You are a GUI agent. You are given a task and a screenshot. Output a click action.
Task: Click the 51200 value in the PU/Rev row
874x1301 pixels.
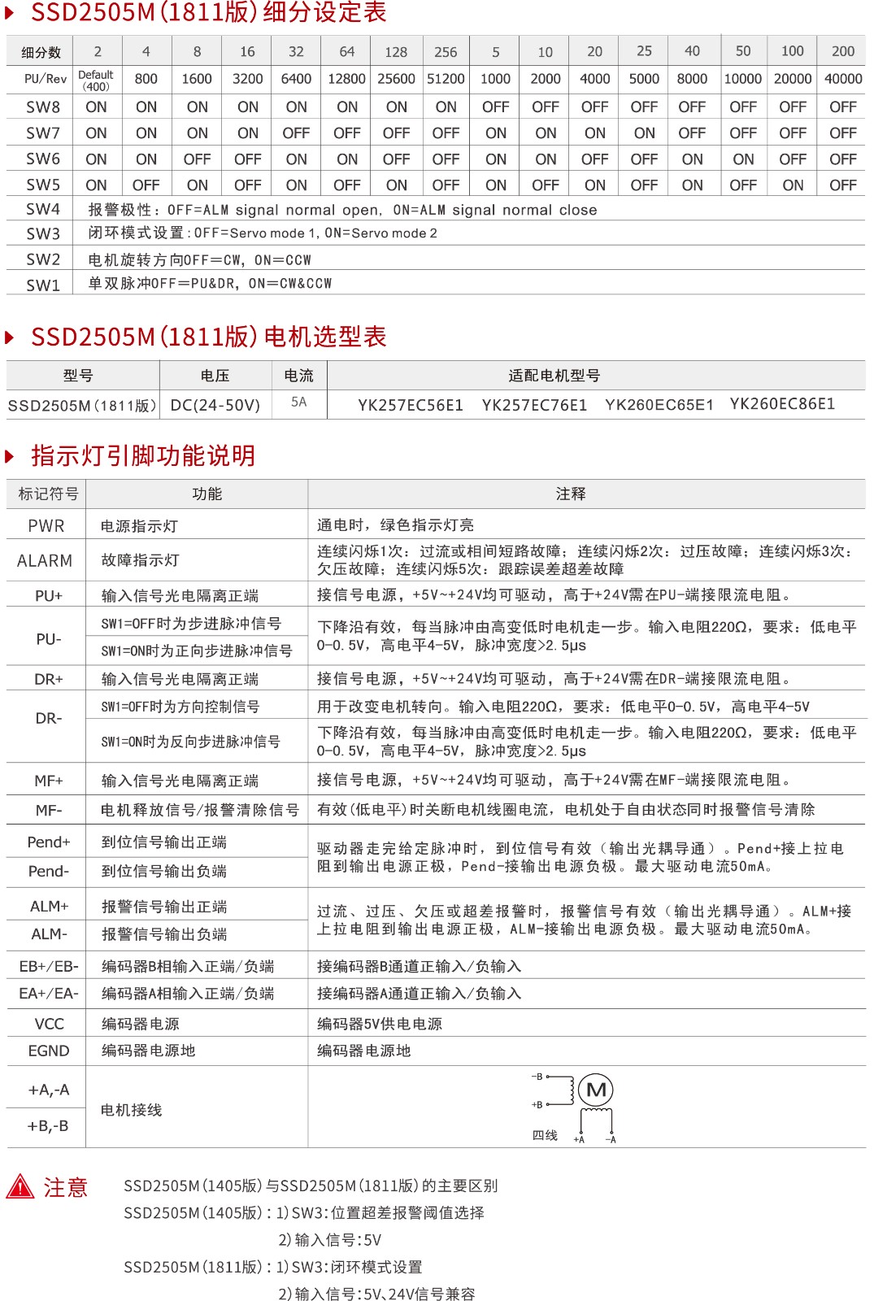[446, 79]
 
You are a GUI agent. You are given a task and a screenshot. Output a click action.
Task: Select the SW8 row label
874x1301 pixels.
[43, 107]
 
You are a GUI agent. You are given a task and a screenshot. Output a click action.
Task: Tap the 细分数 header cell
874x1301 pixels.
[41, 52]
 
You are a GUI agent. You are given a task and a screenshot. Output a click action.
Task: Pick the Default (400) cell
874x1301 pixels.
[96, 80]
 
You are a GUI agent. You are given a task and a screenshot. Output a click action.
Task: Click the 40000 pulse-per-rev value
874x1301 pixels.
[843, 79]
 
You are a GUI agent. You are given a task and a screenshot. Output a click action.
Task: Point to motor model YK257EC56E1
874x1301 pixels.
[411, 405]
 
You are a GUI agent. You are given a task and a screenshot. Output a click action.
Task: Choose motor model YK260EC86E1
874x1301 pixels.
[782, 404]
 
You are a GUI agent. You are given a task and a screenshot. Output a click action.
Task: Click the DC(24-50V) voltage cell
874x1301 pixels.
[215, 405]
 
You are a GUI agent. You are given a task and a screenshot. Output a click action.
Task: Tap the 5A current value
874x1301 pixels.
[299, 402]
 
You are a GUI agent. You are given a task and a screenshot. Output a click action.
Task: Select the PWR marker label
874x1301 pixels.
[46, 526]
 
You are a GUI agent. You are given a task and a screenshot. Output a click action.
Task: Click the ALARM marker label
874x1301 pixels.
[45, 561]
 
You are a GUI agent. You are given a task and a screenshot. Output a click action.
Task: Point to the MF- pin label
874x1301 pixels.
[49, 810]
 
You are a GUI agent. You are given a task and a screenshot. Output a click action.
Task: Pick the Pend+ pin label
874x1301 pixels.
[49, 842]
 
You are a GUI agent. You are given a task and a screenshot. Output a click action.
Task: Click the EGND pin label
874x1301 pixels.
[49, 1051]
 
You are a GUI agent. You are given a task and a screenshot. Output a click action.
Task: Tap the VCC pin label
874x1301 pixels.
[49, 1024]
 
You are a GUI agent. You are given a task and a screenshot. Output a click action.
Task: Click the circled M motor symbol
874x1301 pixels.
[597, 1090]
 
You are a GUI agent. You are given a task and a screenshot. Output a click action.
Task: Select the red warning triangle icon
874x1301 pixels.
[20, 1187]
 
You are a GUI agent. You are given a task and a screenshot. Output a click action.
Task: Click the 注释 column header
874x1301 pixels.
[571, 494]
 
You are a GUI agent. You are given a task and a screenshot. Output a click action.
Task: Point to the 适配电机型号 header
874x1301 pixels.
[554, 376]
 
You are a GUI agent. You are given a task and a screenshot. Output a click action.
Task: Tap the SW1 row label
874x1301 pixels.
[43, 285]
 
